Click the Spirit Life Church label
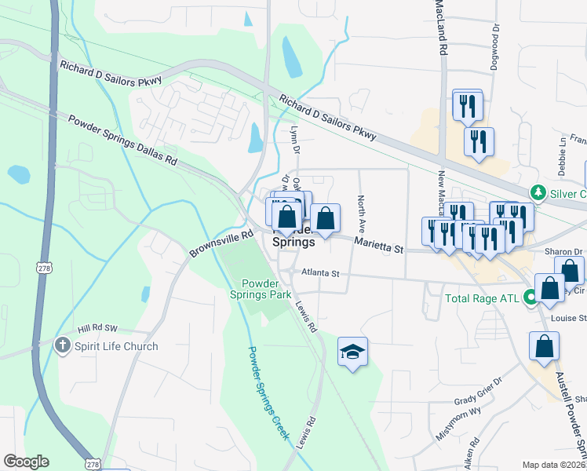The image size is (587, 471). pyautogui.click(x=116, y=346)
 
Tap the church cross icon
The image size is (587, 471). pyautogui.click(x=64, y=345)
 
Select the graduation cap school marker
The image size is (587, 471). pyautogui.click(x=353, y=352)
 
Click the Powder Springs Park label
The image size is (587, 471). pyautogui.click(x=267, y=289)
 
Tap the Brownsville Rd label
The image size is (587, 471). pyautogui.click(x=221, y=244)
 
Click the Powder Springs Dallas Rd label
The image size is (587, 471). pyautogui.click(x=122, y=140)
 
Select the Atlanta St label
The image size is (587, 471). pyautogui.click(x=320, y=274)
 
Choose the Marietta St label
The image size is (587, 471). pyautogui.click(x=378, y=245)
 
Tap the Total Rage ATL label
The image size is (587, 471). pyautogui.click(x=482, y=298)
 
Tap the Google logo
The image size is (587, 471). pyautogui.click(x=26, y=462)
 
